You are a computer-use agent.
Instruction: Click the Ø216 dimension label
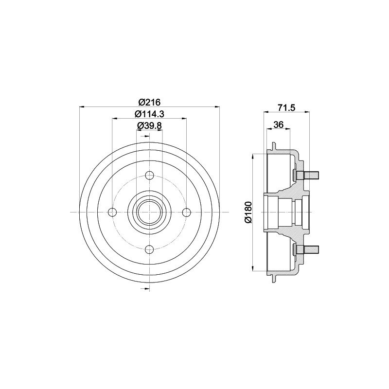click(149, 102)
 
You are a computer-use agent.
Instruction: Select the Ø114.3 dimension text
click(149, 114)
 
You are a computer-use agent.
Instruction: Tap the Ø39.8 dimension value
click(149, 126)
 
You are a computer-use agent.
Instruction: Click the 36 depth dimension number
click(278, 124)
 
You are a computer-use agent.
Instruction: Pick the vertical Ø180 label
click(248, 212)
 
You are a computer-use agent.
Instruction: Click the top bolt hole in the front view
click(149, 176)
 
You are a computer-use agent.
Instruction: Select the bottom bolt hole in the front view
click(149, 249)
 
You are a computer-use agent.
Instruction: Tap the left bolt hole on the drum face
click(113, 212)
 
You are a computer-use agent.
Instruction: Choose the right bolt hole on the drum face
click(186, 212)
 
